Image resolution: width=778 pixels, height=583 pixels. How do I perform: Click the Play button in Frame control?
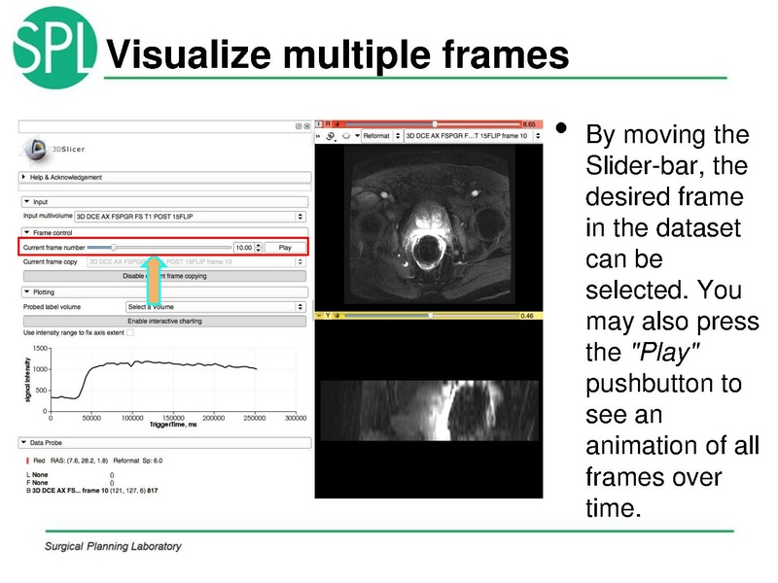[285, 248]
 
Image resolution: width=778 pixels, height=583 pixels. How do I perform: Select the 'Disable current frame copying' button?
[164, 276]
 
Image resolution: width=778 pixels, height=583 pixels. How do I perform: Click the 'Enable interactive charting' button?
[164, 321]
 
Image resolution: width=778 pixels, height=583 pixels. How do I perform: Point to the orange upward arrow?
[154, 281]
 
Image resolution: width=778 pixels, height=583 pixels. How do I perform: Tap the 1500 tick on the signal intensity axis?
[40, 348]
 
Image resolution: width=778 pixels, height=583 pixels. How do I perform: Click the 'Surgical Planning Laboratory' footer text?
[113, 546]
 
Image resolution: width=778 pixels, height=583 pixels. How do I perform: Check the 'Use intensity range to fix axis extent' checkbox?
[130, 332]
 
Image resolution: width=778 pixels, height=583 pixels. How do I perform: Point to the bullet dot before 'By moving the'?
[559, 128]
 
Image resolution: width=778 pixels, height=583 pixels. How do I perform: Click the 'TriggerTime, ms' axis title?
[172, 425]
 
